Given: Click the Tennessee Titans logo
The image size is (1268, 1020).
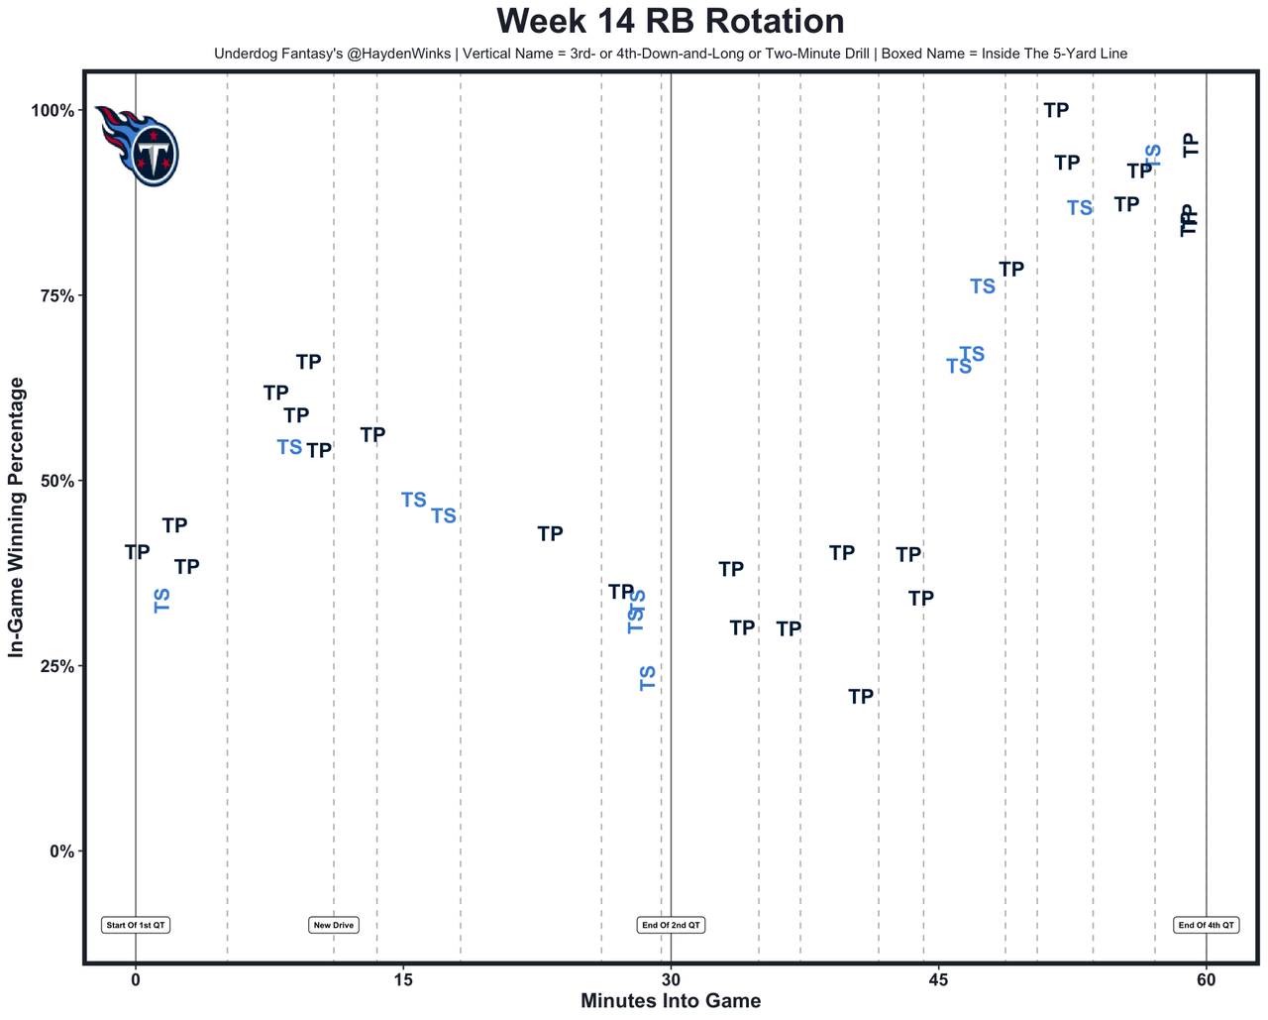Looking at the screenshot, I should click(x=140, y=145).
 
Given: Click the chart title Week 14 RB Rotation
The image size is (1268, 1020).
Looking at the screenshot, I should click(x=671, y=21).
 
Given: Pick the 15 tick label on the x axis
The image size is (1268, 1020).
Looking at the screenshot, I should click(x=402, y=980).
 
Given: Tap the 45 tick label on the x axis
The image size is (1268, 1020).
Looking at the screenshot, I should click(x=938, y=980).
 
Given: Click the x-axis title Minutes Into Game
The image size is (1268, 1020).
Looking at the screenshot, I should click(x=671, y=1001).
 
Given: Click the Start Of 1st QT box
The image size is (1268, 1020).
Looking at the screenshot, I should click(x=136, y=925).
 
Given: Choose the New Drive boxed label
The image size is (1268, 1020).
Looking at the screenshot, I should click(x=334, y=925).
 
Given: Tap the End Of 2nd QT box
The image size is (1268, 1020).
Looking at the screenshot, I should click(x=671, y=925).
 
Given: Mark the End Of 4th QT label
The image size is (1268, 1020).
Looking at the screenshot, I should click(x=1206, y=925).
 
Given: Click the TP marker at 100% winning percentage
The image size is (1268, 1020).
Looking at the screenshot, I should click(x=1057, y=110).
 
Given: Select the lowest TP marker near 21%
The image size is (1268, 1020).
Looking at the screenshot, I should click(x=861, y=697).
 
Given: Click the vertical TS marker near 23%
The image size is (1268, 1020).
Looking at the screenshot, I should click(x=648, y=678).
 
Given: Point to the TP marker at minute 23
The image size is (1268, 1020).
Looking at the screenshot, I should click(x=550, y=534).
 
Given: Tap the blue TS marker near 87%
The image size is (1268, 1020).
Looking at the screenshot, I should click(x=1080, y=208).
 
